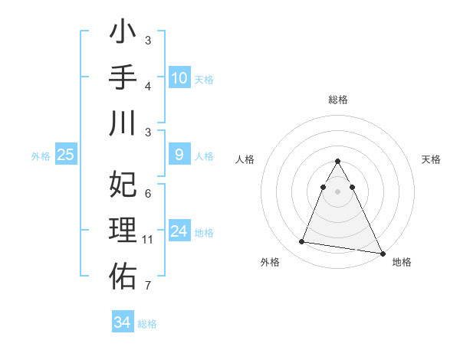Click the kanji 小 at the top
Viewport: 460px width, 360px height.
point(123,35)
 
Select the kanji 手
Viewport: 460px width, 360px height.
point(123,79)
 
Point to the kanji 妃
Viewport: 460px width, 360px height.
point(123,185)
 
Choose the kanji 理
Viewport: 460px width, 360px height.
point(123,229)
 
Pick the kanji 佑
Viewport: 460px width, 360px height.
point(123,273)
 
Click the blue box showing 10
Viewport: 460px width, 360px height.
point(179,77)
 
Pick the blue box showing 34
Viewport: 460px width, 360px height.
point(122,322)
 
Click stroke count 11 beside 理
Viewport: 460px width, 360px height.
point(149,240)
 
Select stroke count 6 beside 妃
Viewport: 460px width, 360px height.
point(148,194)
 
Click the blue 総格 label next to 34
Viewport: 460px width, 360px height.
point(147,324)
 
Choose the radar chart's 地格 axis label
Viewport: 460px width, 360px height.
point(402,262)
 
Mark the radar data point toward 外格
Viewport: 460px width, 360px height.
point(302,242)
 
